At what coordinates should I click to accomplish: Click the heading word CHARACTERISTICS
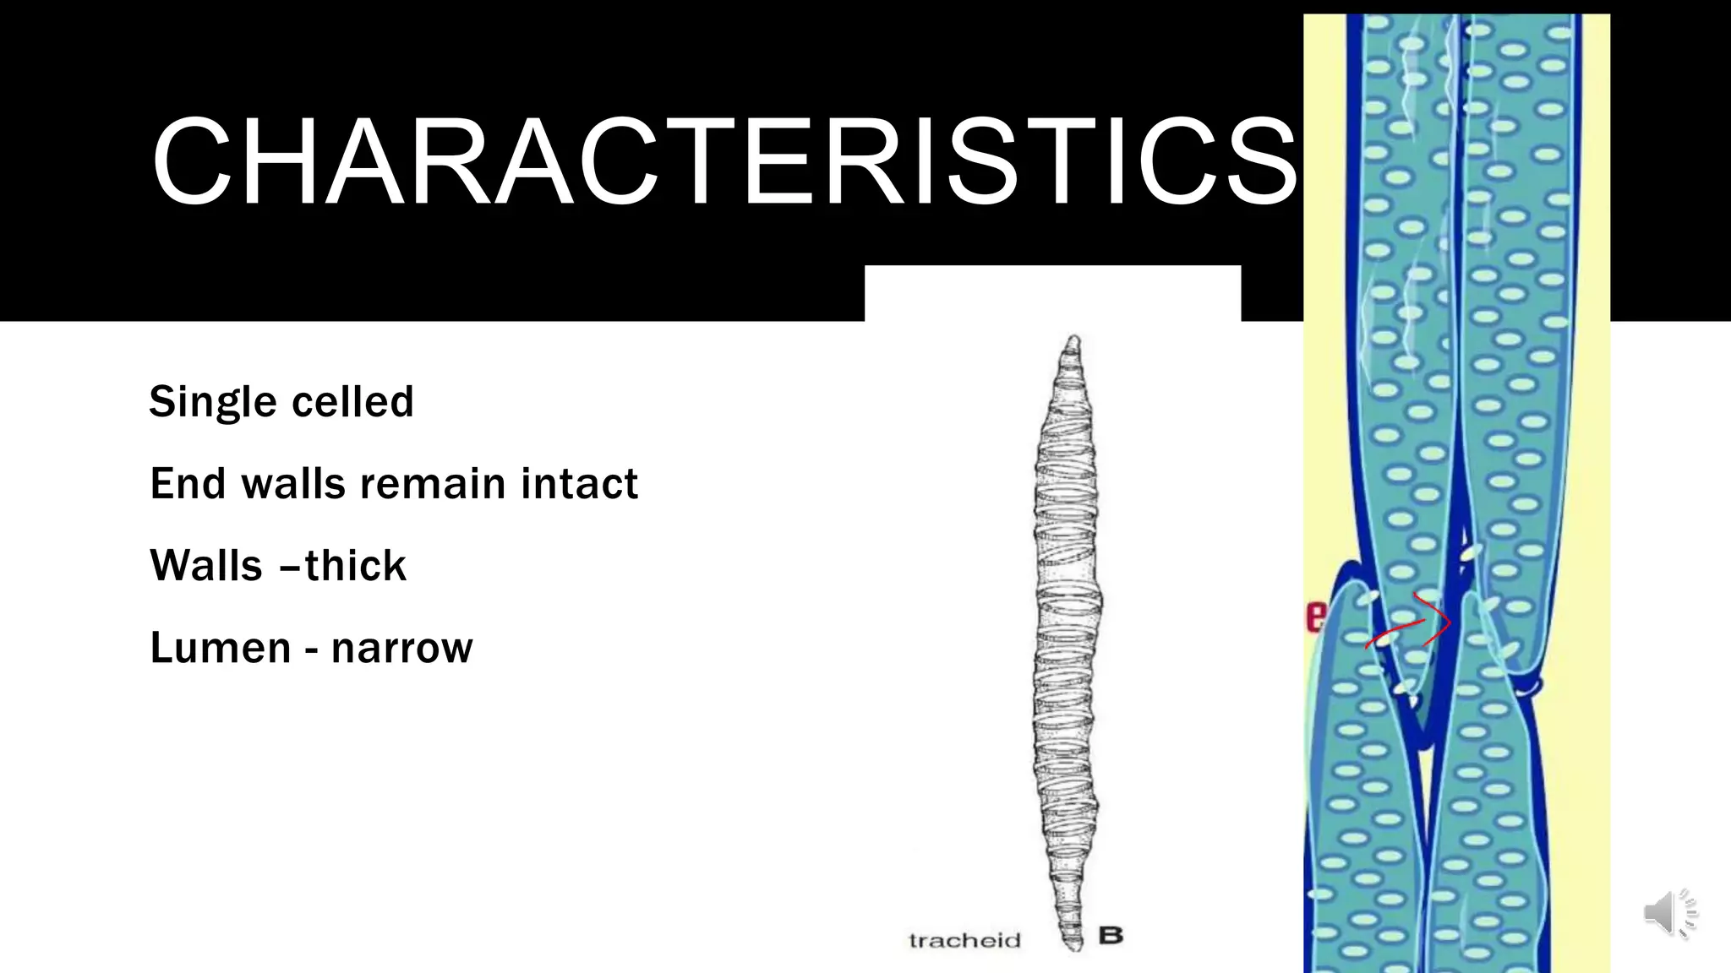coord(724,162)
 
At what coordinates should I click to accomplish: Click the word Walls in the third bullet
coord(205,566)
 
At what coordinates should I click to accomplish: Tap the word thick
coord(356,566)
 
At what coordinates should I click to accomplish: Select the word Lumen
coord(220,648)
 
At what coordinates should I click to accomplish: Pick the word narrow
coord(401,649)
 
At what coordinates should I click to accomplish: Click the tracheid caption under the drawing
coord(964,940)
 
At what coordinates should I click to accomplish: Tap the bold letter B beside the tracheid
coord(1111,935)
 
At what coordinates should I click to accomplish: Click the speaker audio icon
coord(1669,913)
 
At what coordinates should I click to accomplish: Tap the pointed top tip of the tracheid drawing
coord(1073,340)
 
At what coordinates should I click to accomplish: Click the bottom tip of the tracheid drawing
coord(1073,948)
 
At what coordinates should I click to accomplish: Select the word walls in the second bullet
coord(293,484)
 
